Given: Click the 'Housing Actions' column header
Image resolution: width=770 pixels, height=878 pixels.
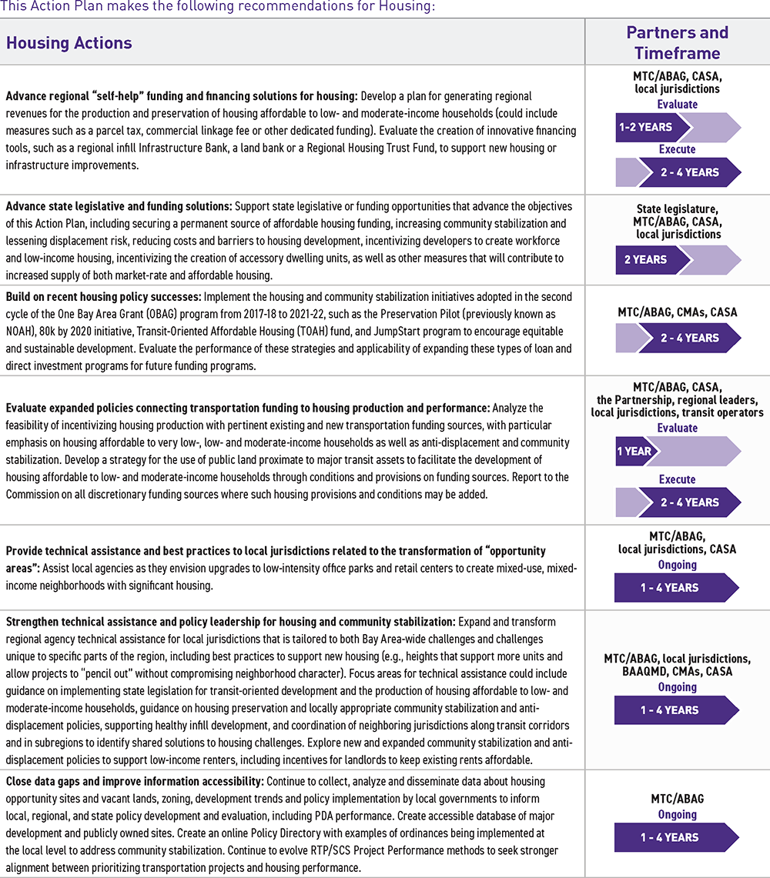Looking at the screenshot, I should tap(69, 43).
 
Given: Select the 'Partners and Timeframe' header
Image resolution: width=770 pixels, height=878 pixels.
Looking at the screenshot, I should tap(677, 42).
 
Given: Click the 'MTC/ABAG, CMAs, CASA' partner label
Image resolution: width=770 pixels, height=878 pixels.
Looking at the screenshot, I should tap(677, 312).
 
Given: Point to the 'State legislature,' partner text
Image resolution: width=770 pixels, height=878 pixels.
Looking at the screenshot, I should tap(677, 209).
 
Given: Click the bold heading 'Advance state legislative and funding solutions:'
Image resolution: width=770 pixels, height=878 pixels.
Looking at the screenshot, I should tap(119, 206).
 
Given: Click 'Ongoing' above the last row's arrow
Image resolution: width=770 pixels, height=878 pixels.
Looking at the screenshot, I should tap(677, 814).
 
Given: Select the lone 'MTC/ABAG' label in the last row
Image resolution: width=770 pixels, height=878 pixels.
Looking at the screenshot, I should tap(677, 799).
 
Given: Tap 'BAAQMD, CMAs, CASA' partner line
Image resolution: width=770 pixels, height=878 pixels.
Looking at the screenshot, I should tap(677, 672).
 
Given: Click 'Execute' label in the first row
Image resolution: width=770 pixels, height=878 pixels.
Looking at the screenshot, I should tap(677, 149).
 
